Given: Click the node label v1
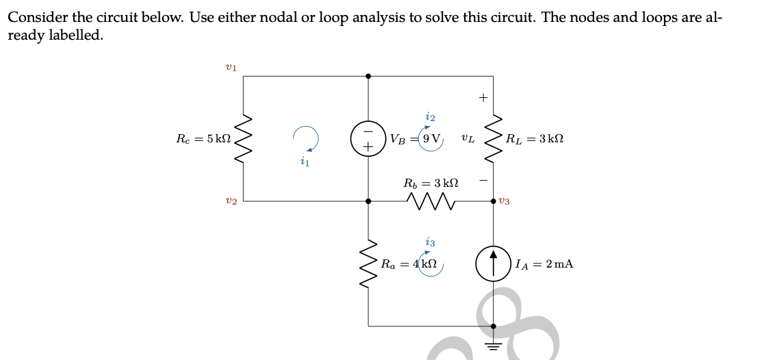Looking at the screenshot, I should coord(231,67).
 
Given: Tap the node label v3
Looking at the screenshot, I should coord(504,201).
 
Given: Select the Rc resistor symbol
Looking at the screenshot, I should coord(244,139).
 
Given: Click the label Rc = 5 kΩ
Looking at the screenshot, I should coord(203,139).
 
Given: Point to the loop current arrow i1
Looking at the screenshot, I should coord(306,139).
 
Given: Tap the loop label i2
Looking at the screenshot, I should coord(429,117).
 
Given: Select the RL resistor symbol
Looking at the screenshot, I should coord(493,139).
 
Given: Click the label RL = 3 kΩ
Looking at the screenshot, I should coord(535,139).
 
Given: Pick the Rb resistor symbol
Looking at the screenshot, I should coord(431,201).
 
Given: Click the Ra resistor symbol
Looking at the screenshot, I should coord(369,263).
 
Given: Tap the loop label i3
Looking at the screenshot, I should coord(430,242).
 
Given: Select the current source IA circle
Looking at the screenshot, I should coord(493,263).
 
